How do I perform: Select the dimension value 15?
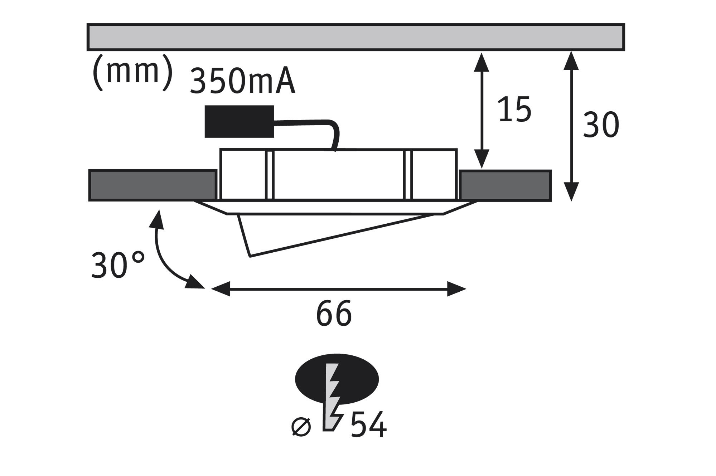(x=514, y=109)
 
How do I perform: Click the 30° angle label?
(x=118, y=265)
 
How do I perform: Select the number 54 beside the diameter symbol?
(x=368, y=426)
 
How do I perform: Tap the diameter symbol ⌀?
(x=301, y=427)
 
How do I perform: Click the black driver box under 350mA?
(x=239, y=121)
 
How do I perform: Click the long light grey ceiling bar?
(x=356, y=37)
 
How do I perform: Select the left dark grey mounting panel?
(x=153, y=185)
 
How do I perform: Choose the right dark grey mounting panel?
(x=505, y=185)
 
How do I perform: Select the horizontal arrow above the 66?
(x=338, y=289)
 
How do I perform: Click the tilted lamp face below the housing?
(x=322, y=233)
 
